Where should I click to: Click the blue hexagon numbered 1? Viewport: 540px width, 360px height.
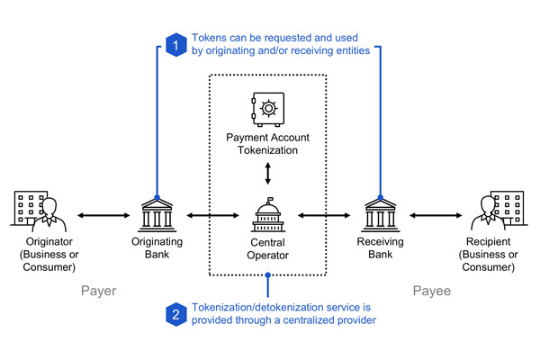175,45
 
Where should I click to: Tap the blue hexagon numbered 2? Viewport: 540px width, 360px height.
175,314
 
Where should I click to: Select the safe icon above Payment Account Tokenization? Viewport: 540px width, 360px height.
267,111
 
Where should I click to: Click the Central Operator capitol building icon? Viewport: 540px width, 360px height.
267,215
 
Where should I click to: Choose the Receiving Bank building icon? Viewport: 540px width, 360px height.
380,215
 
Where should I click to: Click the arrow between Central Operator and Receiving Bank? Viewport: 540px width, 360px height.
324,216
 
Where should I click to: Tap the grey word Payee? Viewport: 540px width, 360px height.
437,291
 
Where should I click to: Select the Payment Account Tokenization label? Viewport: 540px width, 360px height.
267,142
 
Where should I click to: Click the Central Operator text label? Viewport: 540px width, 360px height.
267,249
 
